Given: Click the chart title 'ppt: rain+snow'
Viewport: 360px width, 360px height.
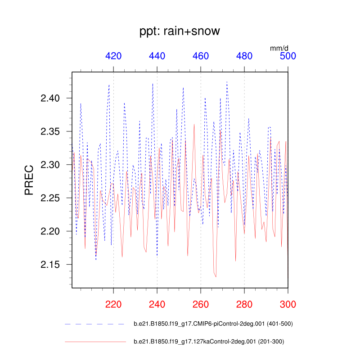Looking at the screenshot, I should tap(180, 31).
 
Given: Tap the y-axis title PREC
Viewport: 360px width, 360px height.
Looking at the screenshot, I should tap(29, 180).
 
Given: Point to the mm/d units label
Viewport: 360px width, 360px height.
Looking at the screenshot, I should tap(279, 48).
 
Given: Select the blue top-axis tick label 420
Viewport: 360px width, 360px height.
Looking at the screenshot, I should tap(113, 56).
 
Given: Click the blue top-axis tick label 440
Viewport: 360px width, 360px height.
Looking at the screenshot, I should tap(157, 56).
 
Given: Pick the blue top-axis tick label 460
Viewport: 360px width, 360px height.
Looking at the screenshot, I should tap(201, 56).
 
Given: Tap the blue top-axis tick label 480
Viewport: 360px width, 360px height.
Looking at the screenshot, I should tap(244, 56).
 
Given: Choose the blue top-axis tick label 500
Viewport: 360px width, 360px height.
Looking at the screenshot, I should tap(288, 56).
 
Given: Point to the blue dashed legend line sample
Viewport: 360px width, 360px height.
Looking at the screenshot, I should tap(94, 324).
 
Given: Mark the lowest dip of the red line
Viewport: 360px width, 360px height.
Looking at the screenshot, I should tap(216, 277).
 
